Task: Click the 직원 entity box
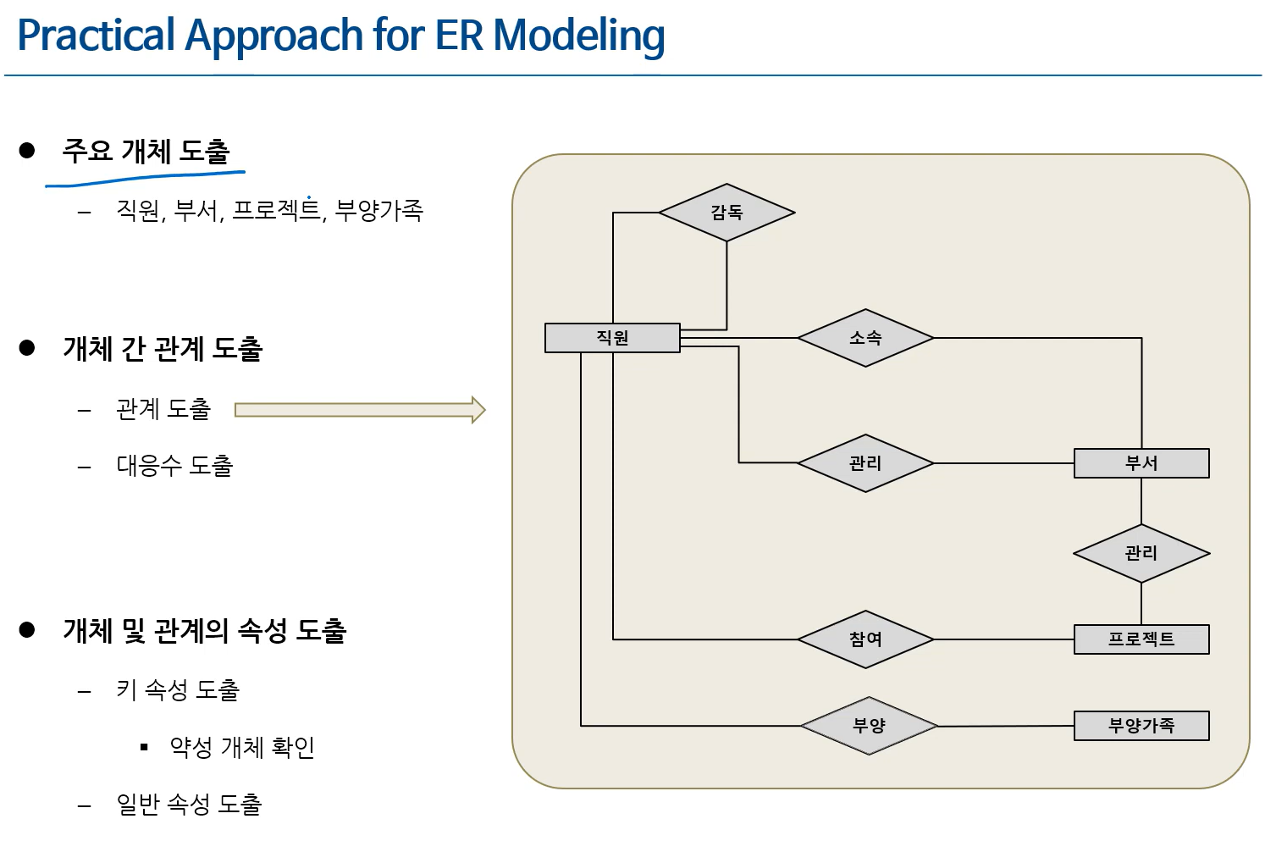pos(612,337)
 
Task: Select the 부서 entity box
pos(1141,463)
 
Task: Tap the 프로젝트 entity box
pos(1141,639)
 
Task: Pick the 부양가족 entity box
pos(1141,726)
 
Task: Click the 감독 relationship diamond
pos(726,213)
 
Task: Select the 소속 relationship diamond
pos(865,338)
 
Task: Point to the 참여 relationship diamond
pos(865,639)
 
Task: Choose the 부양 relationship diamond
pos(869,726)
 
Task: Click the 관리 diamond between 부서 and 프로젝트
pos(1141,554)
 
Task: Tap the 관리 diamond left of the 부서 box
pos(865,463)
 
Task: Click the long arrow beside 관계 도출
pos(359,410)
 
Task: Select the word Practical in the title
pos(96,36)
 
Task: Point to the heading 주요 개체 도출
pos(146,151)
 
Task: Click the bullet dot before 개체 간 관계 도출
pos(27,348)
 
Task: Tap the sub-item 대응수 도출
pos(174,465)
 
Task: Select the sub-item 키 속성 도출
pos(178,690)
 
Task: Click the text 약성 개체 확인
pos(242,747)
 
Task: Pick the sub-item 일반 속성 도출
pos(189,804)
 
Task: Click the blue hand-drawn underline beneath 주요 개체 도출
pos(144,177)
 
